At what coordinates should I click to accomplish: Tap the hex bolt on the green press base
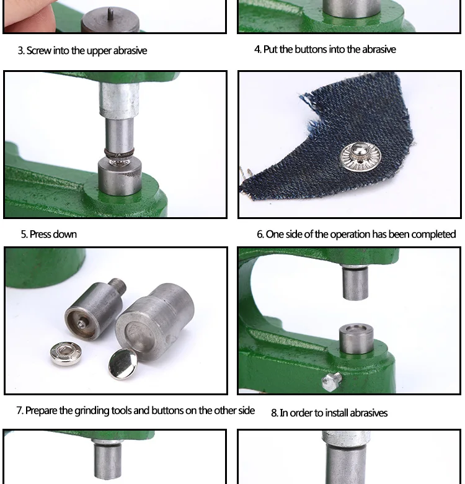(332, 381)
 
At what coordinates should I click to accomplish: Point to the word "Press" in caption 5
(40, 235)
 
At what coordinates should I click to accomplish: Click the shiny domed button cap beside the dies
(122, 364)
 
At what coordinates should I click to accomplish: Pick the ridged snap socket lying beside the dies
(66, 354)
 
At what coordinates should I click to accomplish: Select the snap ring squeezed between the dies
(119, 153)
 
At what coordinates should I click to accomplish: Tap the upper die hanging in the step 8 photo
(355, 283)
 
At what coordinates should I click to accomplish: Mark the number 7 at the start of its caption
(19, 411)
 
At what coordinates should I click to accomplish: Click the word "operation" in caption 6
(350, 235)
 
